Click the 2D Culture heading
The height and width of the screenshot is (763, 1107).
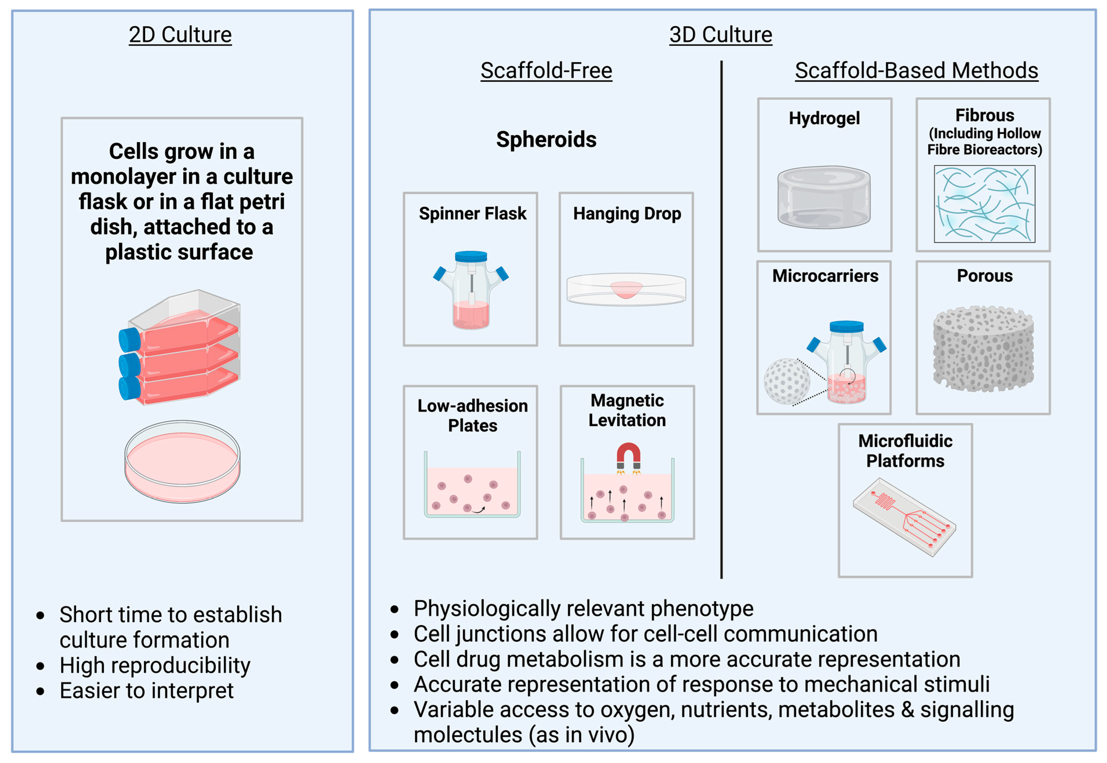click(180, 34)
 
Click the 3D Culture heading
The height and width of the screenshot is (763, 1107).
click(720, 34)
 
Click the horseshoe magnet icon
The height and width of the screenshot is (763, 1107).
click(628, 455)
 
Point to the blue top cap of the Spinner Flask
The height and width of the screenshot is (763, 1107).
click(471, 256)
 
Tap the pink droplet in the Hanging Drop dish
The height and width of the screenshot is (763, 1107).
click(626, 289)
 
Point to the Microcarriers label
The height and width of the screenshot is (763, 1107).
click(825, 276)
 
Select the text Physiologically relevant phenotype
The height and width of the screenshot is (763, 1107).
click(583, 608)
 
